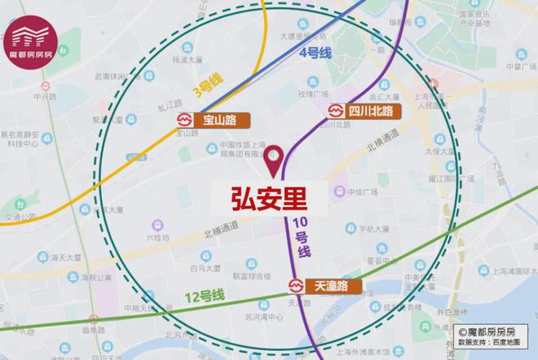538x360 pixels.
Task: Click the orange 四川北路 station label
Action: click(370, 111)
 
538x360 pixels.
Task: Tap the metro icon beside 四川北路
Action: click(335, 111)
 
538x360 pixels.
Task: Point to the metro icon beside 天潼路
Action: click(295, 286)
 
